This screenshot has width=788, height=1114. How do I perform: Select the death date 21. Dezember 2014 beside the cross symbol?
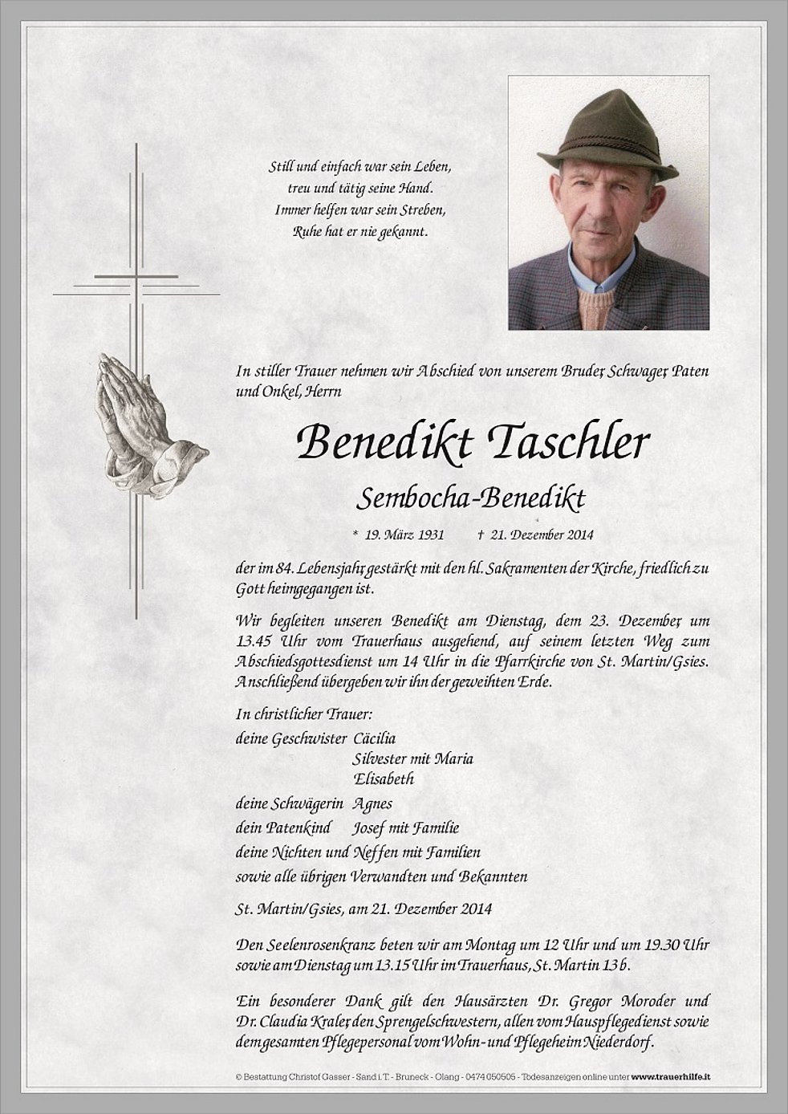coord(542,535)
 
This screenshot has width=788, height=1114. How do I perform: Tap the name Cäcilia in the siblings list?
coord(373,738)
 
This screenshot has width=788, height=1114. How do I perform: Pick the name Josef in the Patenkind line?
coord(368,828)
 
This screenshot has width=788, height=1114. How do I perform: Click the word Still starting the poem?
coord(280,169)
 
